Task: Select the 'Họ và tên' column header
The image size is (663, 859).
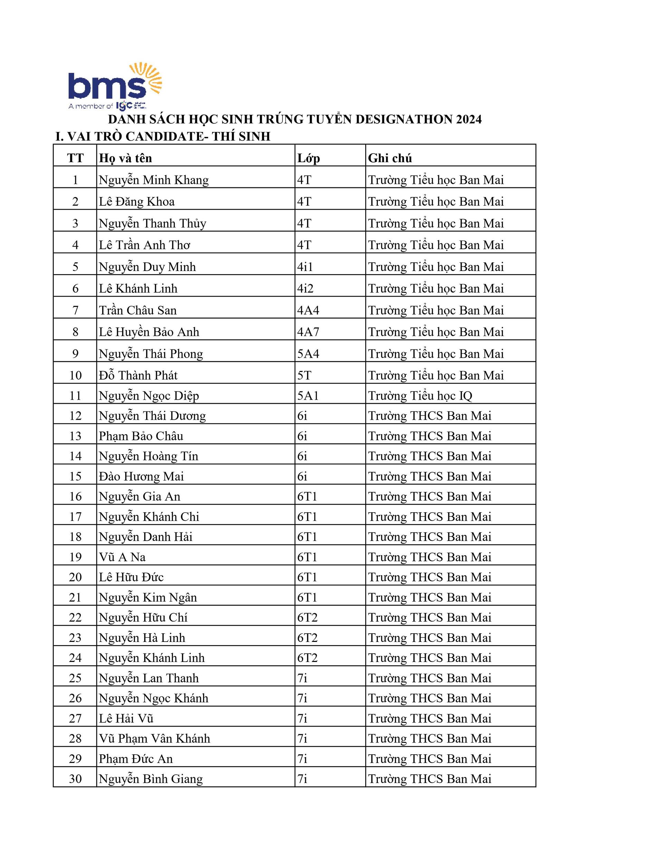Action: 125,158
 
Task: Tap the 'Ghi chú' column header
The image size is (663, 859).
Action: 390,158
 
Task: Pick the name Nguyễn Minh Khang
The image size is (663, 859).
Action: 154,180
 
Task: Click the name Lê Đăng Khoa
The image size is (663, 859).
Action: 136,202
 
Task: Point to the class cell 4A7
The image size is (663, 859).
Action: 308,332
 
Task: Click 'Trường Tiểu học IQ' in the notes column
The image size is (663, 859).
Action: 420,396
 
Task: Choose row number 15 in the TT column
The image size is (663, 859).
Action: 75,477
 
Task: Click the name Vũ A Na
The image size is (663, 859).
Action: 122,557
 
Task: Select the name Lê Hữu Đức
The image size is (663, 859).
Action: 131,577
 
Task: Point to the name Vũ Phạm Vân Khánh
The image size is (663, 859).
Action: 154,739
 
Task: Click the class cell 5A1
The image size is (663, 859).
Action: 307,396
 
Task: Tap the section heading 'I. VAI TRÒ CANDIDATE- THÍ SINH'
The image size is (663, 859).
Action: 163,137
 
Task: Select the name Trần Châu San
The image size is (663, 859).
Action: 137,310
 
